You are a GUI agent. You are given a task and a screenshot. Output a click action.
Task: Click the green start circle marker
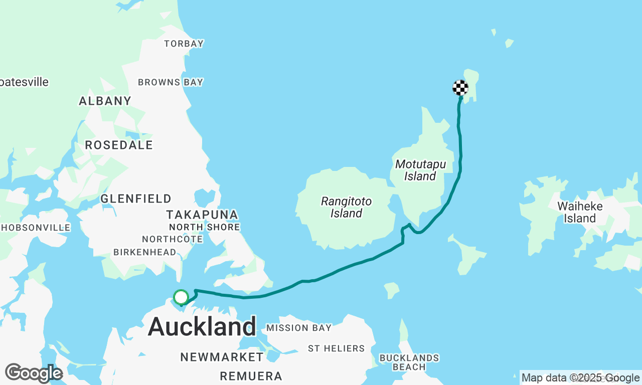coord(181,297)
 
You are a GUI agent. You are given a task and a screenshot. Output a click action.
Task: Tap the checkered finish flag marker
coord(460,88)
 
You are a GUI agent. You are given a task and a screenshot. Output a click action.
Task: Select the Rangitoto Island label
coord(347,208)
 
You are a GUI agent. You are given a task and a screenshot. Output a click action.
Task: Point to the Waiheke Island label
coord(579,212)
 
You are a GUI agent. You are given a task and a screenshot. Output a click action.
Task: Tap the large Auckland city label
coord(202,327)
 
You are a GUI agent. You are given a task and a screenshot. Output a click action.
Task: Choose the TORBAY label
coord(184,44)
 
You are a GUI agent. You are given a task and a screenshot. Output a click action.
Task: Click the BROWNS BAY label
coord(171,82)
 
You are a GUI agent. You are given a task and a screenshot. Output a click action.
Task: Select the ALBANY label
coord(105,101)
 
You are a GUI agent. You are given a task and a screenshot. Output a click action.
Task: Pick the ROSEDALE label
coord(119,145)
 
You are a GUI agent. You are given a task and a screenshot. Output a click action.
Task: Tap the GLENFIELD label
coord(136,199)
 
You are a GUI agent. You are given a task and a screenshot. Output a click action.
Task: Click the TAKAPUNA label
coord(202,215)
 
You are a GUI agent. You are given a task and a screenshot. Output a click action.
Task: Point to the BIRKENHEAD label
coord(145,252)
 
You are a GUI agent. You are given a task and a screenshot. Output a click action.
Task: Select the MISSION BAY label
coord(299,328)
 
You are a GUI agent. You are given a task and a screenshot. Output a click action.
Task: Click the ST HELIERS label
coord(337,348)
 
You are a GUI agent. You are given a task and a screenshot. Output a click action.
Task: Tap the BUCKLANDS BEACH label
coord(409,362)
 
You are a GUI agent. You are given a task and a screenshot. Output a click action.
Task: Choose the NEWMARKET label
coord(222,357)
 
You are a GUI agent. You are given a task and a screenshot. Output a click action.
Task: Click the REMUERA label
coord(251,376)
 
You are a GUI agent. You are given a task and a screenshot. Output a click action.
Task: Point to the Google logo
coord(34,373)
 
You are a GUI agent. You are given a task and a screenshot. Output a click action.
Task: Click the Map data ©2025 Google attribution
coord(580,378)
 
